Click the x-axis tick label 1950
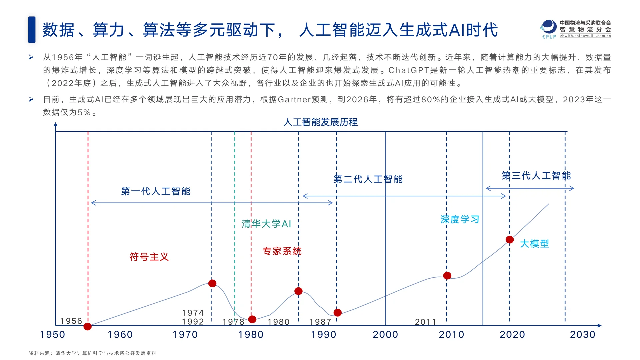point(52,334)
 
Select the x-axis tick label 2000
point(385,334)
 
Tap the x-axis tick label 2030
point(582,334)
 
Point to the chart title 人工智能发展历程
point(320,122)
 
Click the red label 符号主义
point(149,257)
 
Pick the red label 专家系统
point(282,251)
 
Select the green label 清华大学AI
point(266,224)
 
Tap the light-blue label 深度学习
point(460,219)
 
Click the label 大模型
point(534,244)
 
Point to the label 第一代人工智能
point(156,191)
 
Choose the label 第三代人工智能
point(536,176)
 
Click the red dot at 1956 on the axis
point(88,326)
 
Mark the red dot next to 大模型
point(510,240)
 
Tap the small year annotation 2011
point(425,322)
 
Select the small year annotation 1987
point(320,322)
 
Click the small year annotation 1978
point(233,322)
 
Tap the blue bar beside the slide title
point(32,30)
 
